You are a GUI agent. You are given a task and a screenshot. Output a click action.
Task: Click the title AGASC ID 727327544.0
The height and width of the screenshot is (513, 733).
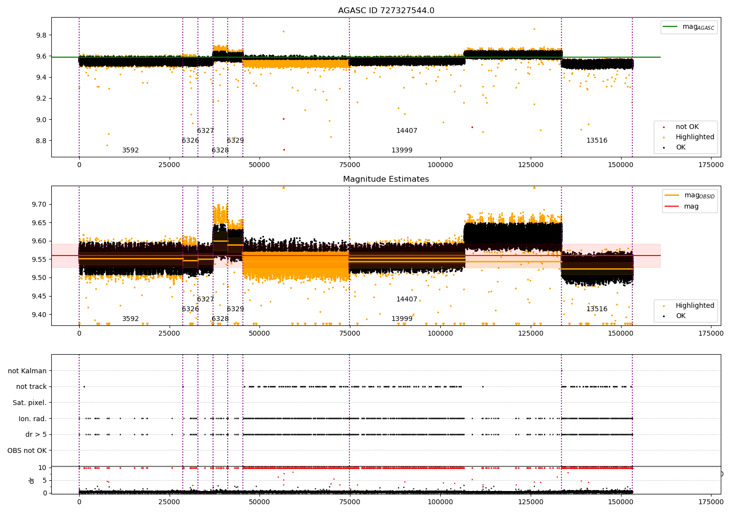click(x=386, y=11)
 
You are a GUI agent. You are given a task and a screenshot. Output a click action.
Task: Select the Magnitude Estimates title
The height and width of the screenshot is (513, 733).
click(x=386, y=179)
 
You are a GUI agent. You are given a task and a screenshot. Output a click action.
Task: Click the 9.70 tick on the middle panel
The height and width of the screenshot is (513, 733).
click(x=39, y=204)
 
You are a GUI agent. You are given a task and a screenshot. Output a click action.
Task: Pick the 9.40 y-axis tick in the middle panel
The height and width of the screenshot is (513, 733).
click(x=39, y=315)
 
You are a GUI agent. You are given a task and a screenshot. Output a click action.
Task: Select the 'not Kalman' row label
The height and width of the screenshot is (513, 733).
click(x=27, y=371)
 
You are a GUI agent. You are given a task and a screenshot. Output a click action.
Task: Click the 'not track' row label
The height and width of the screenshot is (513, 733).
click(x=31, y=387)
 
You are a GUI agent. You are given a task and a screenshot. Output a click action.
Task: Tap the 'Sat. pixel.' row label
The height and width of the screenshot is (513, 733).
click(x=30, y=403)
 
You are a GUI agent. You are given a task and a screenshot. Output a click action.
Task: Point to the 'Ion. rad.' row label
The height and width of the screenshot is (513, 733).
click(x=33, y=419)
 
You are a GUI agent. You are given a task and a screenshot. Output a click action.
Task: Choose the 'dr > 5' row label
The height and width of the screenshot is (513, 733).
click(x=36, y=434)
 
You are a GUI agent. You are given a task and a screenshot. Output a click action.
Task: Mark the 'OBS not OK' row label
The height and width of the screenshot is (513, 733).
click(x=27, y=450)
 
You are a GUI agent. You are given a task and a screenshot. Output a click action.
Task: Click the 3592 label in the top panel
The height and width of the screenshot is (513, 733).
click(x=130, y=150)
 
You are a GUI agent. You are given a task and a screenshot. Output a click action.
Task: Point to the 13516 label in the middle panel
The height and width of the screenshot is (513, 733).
click(x=597, y=309)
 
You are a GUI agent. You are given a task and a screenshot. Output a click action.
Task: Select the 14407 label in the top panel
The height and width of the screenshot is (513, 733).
click(x=407, y=131)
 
